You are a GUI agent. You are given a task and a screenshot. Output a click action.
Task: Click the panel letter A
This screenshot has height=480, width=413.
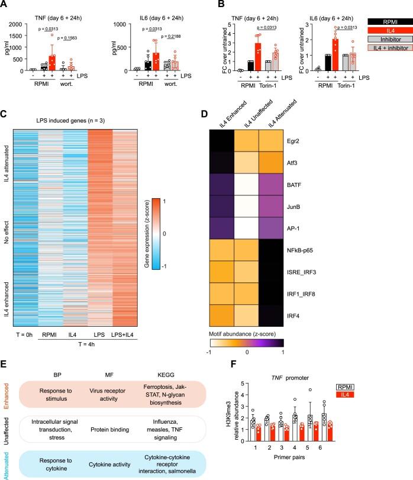[5, 5]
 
